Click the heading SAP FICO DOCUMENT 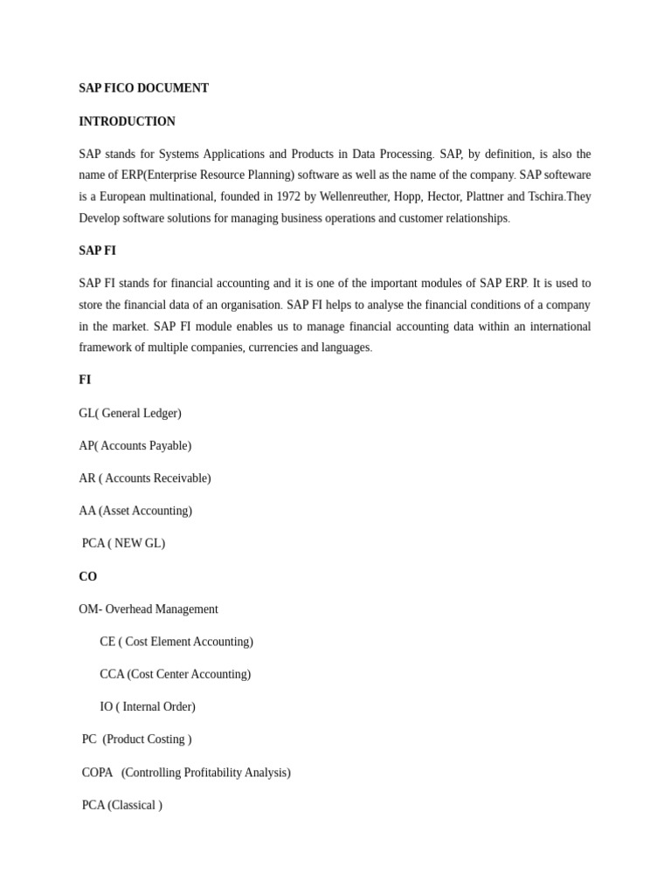[x=143, y=88]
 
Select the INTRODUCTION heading [x=127, y=121]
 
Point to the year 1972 [x=288, y=196]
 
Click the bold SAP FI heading [x=97, y=251]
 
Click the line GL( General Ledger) [x=130, y=413]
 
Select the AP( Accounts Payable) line [x=135, y=445]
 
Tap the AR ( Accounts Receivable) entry [x=144, y=478]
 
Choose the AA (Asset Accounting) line [x=135, y=511]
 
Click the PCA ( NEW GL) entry [x=123, y=543]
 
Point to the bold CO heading [x=87, y=576]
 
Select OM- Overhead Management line [x=149, y=609]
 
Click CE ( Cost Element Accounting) [x=176, y=642]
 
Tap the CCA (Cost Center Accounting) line [x=175, y=674]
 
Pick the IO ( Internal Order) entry [x=148, y=706]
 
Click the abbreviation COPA [x=97, y=773]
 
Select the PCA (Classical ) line [x=121, y=805]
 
